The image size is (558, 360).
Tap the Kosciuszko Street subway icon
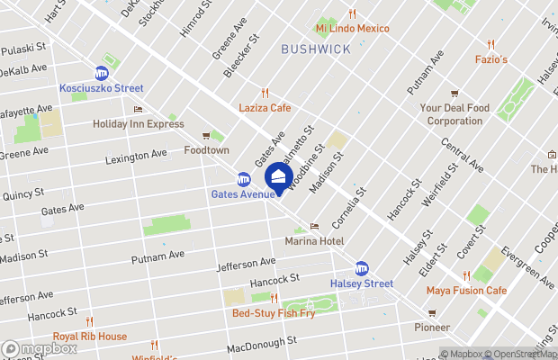102,73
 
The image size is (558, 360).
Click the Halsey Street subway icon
361,267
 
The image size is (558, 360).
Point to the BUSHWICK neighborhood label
315,49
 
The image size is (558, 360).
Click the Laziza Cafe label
265,107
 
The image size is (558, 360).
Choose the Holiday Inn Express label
138,124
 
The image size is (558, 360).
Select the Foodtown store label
207,150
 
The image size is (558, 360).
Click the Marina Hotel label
314,241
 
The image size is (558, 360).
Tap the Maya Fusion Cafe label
466,290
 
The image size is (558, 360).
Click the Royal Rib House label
89,337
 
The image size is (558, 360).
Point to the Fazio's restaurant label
490,59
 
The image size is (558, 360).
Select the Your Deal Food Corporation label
454,114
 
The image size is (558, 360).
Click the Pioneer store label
433,328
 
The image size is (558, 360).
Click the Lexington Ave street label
135,155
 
